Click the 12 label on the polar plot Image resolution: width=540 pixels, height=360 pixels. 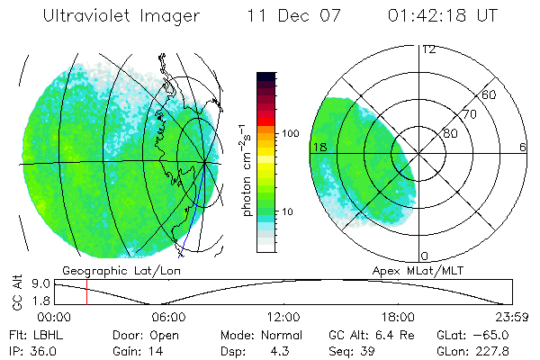[x=428, y=49]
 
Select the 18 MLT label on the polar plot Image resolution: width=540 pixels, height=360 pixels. [x=319, y=146]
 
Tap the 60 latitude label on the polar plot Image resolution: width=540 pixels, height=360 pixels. [x=489, y=94]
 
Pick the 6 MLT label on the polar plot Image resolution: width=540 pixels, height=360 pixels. [x=523, y=146]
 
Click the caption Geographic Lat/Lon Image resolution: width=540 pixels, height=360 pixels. [x=103, y=270]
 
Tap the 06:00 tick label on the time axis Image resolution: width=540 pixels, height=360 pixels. [x=168, y=317]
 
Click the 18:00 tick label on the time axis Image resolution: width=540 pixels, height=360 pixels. [x=398, y=317]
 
